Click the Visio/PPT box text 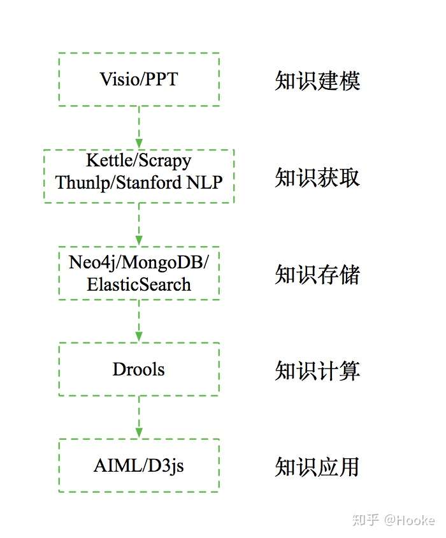tap(139, 79)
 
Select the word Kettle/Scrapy tap(139, 161)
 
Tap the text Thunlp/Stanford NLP tap(139, 182)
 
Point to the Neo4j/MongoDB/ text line tap(139, 263)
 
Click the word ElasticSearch tap(139, 284)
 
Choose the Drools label tap(139, 370)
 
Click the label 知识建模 tap(317, 80)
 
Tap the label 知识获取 tap(317, 177)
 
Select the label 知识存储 tap(317, 274)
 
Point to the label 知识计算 tap(317, 370)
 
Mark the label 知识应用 tap(317, 467)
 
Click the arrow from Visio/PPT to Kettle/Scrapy tap(139, 127)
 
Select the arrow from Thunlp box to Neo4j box tap(139, 224)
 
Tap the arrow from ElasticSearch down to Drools tap(139, 321)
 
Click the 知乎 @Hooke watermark tap(394, 520)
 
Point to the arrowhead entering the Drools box tap(139, 337)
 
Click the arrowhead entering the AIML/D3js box tap(139, 433)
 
